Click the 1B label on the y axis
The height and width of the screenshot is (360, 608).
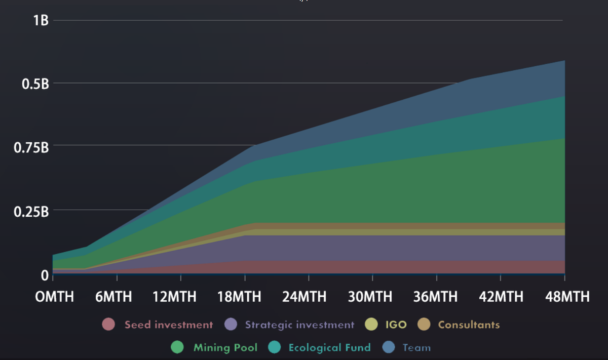click(x=41, y=21)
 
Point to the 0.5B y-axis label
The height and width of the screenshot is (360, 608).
click(x=35, y=84)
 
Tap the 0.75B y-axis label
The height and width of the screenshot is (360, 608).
click(x=31, y=147)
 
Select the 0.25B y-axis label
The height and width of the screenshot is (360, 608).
click(x=31, y=211)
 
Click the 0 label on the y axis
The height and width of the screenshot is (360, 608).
click(x=45, y=275)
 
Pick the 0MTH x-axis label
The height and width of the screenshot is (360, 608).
click(x=54, y=297)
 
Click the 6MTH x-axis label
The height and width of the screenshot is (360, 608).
click(x=113, y=297)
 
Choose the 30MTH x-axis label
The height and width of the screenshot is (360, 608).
click(x=369, y=297)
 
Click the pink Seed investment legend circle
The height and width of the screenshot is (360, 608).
click(x=108, y=325)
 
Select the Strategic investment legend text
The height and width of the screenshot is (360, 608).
click(x=299, y=325)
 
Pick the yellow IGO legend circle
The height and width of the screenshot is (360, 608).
click(x=371, y=325)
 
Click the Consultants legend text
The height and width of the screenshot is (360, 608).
click(x=469, y=325)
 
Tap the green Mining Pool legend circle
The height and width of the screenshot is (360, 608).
click(x=177, y=347)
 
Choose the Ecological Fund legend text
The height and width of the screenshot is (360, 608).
click(x=329, y=347)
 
